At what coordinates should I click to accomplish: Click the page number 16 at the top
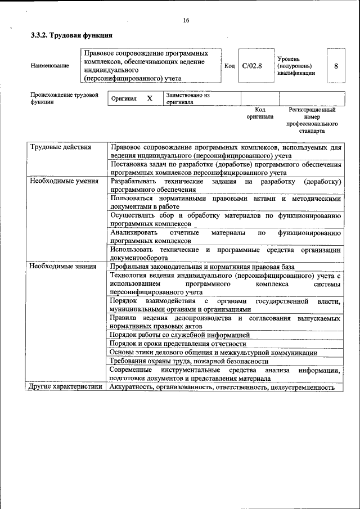(x=186, y=21)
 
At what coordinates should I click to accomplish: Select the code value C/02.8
(x=252, y=66)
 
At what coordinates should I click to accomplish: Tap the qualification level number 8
(x=336, y=66)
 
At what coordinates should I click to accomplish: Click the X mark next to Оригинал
(x=150, y=98)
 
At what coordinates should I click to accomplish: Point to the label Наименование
(x=50, y=66)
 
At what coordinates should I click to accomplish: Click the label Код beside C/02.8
(x=229, y=66)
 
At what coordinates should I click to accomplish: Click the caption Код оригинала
(x=260, y=113)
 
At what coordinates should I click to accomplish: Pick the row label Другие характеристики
(x=65, y=386)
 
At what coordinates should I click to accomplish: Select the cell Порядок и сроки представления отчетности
(x=178, y=344)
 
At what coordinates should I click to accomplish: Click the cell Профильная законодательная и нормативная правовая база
(x=202, y=267)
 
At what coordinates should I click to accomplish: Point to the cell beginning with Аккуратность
(x=222, y=387)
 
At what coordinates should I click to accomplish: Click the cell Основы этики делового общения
(x=213, y=352)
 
